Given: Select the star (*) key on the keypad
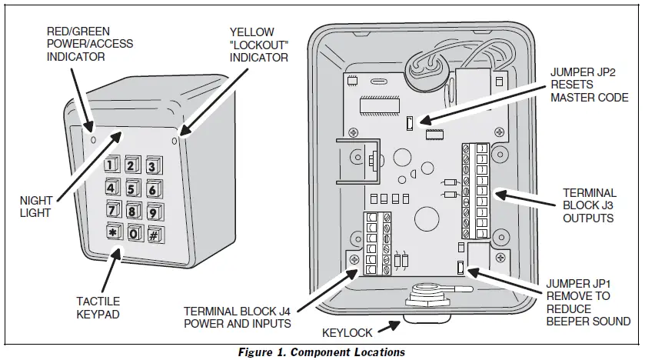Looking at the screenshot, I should tap(112, 233).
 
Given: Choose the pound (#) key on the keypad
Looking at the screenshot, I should tap(154, 235).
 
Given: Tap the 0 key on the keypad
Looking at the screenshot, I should tap(133, 234).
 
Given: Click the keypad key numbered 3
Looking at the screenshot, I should tap(151, 166).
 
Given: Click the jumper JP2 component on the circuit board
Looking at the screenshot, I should tap(411, 122).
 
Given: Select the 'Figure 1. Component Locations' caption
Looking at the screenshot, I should tap(322, 352).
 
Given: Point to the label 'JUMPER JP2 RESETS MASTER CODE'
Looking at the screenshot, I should tap(590, 85).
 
